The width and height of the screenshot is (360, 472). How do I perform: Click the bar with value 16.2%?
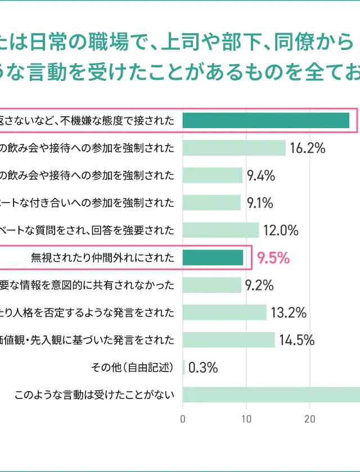click(234, 148)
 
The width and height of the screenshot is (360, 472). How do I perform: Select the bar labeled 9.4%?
click(213, 175)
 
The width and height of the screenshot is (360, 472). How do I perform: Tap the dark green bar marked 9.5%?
click(213, 257)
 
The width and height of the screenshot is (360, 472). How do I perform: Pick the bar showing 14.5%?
click(229, 340)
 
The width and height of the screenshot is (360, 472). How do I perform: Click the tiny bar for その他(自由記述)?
click(184, 367)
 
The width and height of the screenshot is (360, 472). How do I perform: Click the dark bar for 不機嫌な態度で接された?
click(266, 120)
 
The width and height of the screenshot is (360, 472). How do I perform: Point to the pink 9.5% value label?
click(273, 258)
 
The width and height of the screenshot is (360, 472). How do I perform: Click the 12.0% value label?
click(281, 230)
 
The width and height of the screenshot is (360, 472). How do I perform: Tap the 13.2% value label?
click(288, 312)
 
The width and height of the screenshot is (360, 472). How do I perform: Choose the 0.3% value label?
click(203, 368)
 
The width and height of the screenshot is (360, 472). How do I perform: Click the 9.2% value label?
click(259, 285)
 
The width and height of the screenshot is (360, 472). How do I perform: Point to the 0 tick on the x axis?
click(183, 419)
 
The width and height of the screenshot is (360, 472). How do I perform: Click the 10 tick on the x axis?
click(246, 419)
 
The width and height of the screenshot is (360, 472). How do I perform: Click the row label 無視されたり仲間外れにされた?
click(102, 258)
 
